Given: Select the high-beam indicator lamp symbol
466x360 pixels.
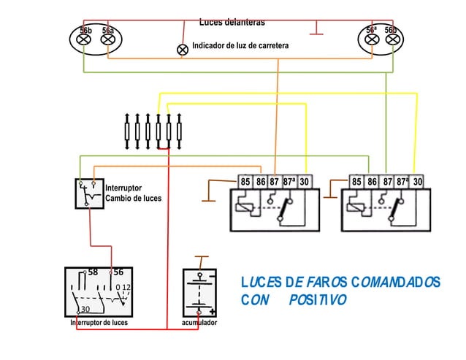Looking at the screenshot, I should pos(183,50).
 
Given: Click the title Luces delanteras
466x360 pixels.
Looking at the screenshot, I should pos(232,23).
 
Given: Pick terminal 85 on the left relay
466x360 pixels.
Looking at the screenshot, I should pos(245,181).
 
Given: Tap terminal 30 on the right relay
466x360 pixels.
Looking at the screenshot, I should pos(418,181).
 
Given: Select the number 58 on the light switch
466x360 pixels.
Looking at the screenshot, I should pos(93,272).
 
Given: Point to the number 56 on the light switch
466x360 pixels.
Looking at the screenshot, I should pos(118,272).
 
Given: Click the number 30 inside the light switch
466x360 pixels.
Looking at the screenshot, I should pos(85,309).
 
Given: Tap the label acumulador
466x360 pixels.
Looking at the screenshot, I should pos(199,322).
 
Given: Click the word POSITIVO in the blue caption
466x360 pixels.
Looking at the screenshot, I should pos(317,300).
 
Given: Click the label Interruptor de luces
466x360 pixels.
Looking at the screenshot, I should pos(99,322).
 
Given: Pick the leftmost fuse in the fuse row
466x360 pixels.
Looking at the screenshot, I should pos(128,131).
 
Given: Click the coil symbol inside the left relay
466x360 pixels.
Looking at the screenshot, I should pos(245,207).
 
